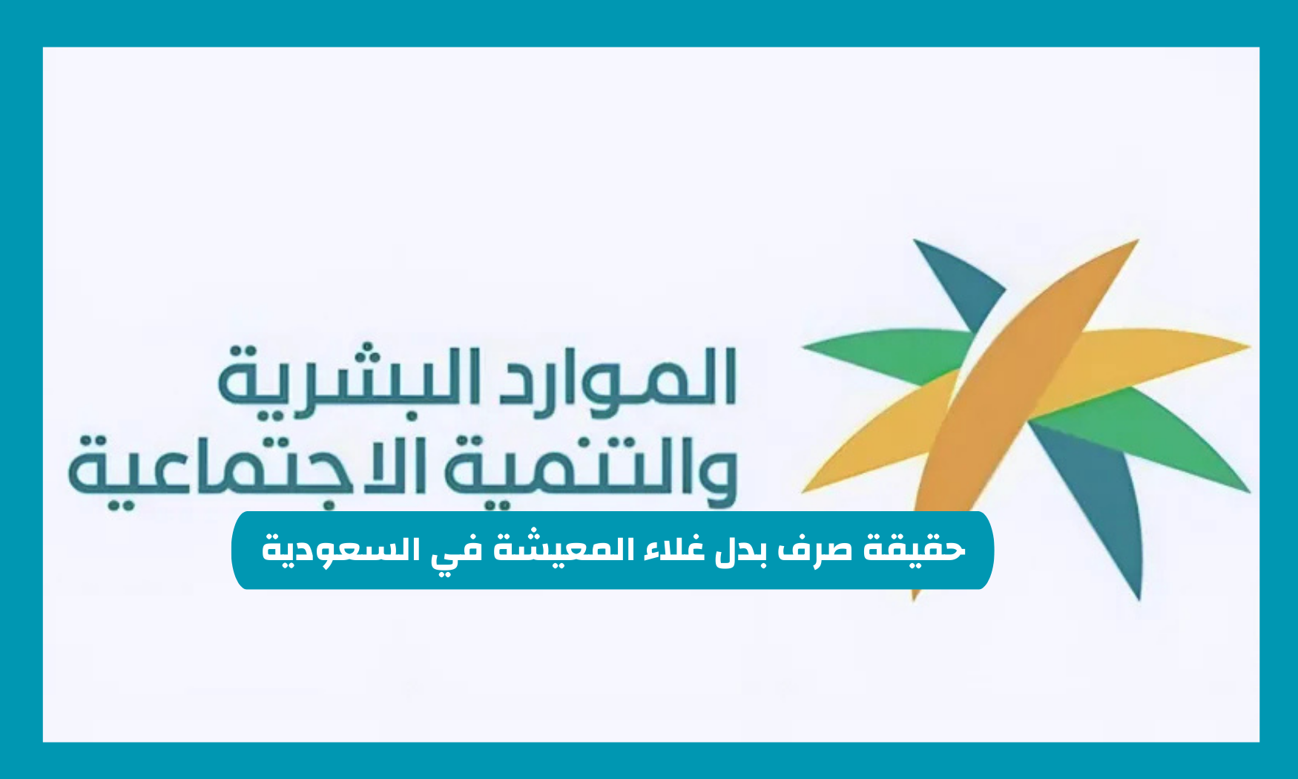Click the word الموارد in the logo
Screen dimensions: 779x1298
pos(616,378)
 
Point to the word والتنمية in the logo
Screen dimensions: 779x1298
pos(586,467)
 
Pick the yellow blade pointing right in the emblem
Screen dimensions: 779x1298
pos(1157,352)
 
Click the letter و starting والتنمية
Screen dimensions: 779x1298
pos(716,475)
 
